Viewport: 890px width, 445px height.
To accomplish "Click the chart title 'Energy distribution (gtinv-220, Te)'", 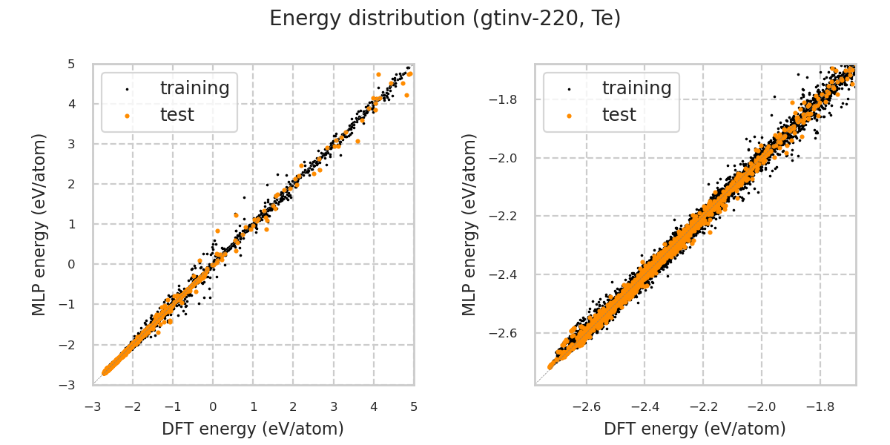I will pyautogui.click(x=445, y=19).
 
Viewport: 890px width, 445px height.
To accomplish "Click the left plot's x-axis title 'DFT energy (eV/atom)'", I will pyautogui.click(x=253, y=429).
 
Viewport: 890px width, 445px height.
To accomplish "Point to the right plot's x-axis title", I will pyautogui.click(x=695, y=429).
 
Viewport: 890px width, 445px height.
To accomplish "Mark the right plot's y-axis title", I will pyautogui.click(x=470, y=224).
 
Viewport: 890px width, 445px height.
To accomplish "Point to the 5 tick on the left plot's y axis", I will pyautogui.click(x=71, y=64).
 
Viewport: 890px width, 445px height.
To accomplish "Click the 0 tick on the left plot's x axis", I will pyautogui.click(x=213, y=406).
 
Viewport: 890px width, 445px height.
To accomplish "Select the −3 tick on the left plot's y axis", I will pyautogui.click(x=68, y=384).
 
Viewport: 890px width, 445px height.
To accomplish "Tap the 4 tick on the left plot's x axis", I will pyautogui.click(x=374, y=406).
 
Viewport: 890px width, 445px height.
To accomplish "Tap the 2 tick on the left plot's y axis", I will pyautogui.click(x=71, y=184).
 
